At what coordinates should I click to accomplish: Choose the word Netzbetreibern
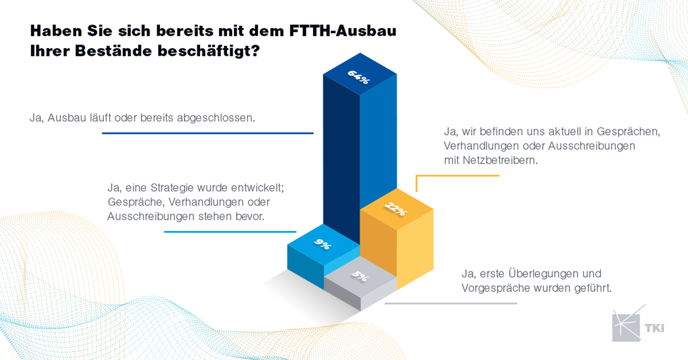tap(500, 160)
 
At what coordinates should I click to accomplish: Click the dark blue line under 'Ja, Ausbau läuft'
tap(208, 133)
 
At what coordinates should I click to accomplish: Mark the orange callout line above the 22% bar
tap(457, 176)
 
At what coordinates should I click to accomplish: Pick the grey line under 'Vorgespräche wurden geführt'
tap(451, 303)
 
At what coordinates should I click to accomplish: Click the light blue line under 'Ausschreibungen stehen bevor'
tap(230, 232)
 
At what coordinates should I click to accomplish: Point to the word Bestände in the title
tap(113, 51)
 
